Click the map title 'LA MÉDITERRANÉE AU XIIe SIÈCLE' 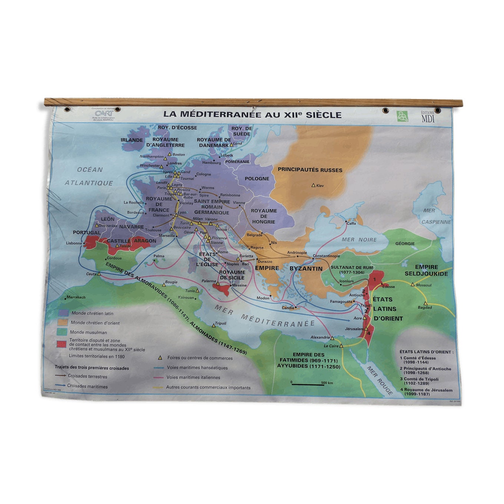click(x=252, y=115)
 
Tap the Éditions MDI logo click(x=428, y=117)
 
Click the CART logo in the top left click(x=104, y=113)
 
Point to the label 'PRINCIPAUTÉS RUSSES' click(x=310, y=170)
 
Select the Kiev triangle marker click(x=314, y=185)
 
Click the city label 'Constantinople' click(x=326, y=256)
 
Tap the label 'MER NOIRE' click(x=359, y=240)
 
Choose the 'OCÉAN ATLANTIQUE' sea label click(x=89, y=176)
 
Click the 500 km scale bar click(x=308, y=385)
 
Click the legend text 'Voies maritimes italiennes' click(x=193, y=377)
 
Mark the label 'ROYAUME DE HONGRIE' click(x=263, y=216)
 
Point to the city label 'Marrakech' click(x=76, y=297)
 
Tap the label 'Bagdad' click(x=425, y=307)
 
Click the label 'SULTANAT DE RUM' click(x=352, y=267)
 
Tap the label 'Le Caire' click(x=331, y=346)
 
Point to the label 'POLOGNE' click(x=257, y=179)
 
